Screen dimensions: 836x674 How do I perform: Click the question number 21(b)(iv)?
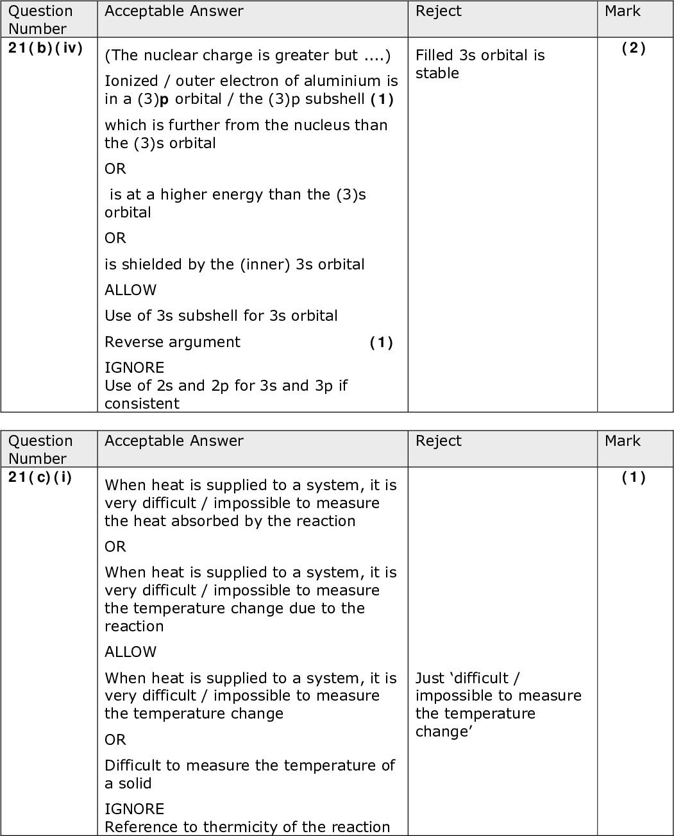[46, 48]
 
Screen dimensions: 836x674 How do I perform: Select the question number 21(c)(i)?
[40, 477]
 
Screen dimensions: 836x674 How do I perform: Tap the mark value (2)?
[634, 48]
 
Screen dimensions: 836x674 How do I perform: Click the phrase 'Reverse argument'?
[173, 342]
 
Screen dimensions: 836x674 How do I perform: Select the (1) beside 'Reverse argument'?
[381, 343]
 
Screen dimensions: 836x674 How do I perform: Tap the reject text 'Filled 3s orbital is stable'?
[480, 64]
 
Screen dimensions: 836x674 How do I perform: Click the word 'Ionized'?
[131, 81]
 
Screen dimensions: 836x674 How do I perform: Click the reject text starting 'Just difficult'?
[498, 704]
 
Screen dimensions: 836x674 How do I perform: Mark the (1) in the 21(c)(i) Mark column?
[634, 477]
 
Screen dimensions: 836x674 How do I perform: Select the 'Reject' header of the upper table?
[439, 12]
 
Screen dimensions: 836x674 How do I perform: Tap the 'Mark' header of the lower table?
[623, 441]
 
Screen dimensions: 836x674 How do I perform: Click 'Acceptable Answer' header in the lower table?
[174, 441]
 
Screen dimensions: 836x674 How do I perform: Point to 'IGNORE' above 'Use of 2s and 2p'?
[134, 368]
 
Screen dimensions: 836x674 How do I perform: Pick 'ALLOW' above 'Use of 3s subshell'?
[130, 290]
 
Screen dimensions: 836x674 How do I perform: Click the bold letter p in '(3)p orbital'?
[164, 99]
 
